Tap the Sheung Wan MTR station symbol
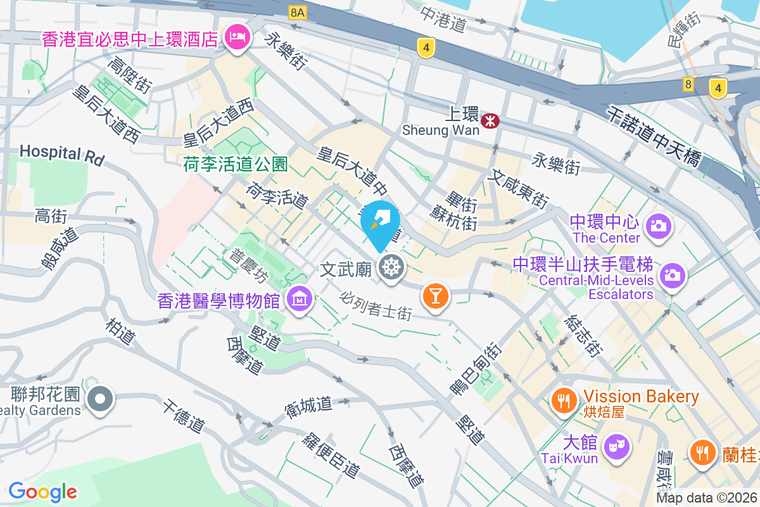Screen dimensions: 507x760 click(490, 120)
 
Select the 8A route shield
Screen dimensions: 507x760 click(296, 12)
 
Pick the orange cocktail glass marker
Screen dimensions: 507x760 click(435, 295)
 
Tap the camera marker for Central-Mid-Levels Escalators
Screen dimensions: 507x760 click(672, 276)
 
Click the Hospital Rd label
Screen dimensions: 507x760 click(61, 154)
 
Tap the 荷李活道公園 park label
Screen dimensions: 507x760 click(236, 165)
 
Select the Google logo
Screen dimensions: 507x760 click(42, 491)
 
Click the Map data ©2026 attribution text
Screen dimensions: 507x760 click(707, 498)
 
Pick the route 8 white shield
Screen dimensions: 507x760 click(688, 84)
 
